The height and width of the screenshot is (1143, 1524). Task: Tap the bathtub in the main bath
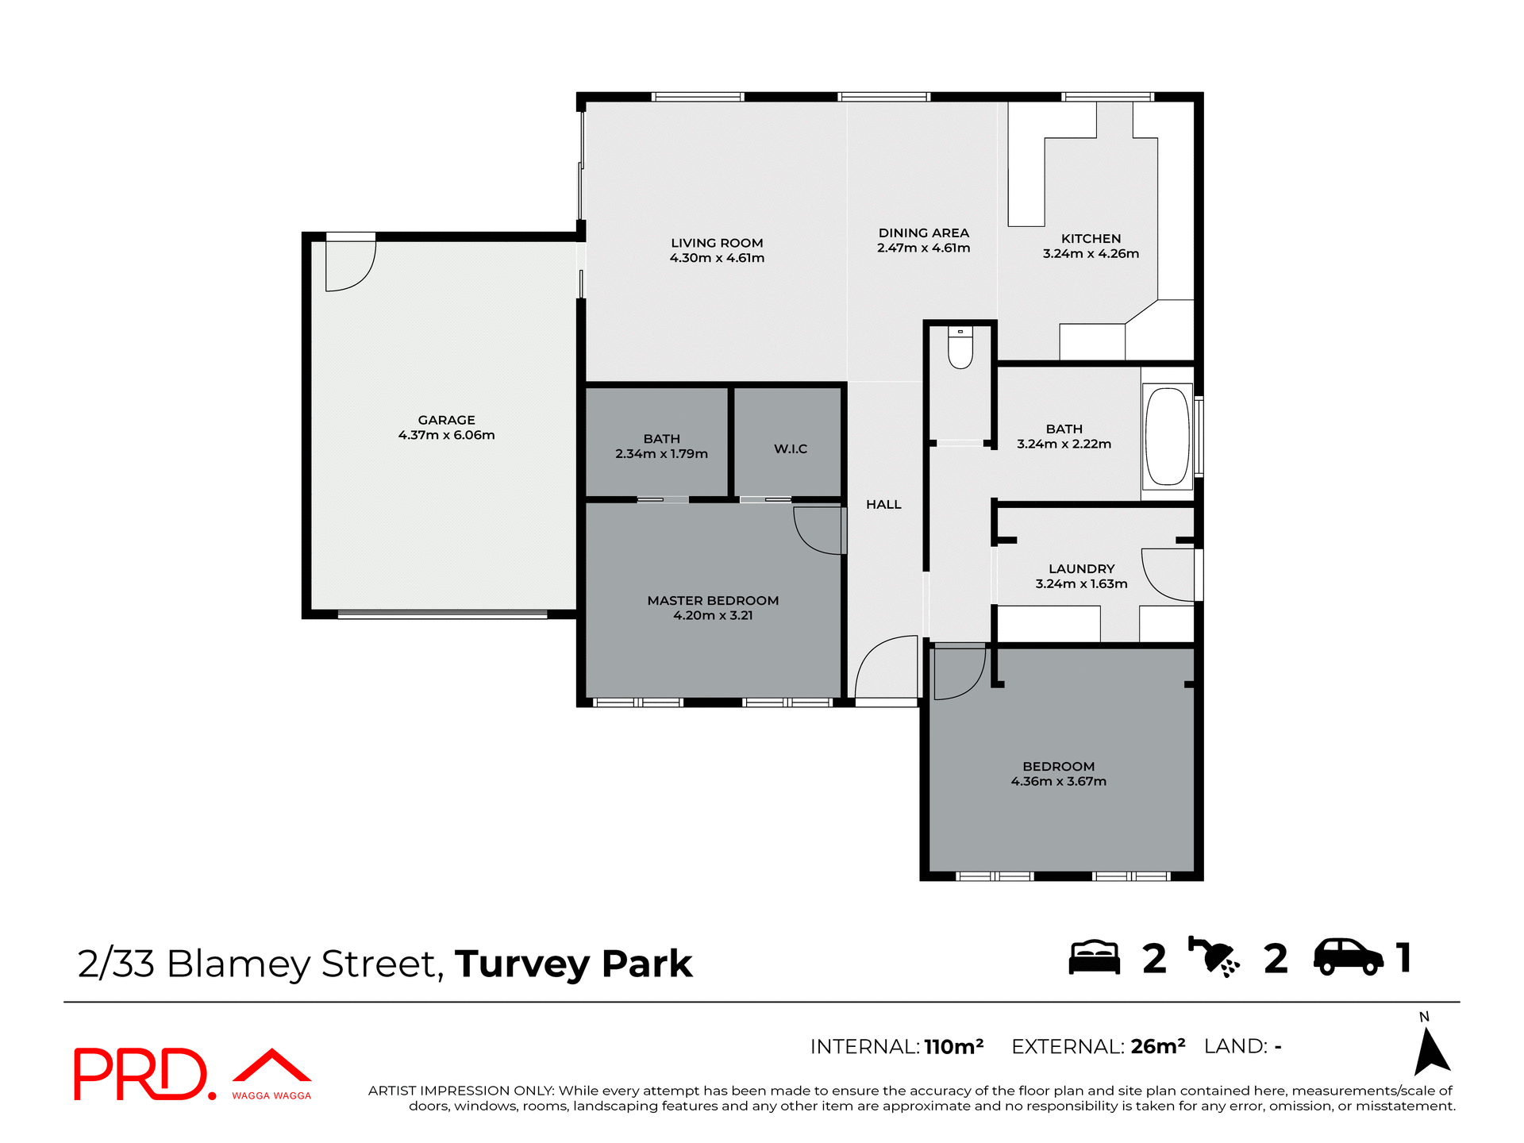(x=1168, y=435)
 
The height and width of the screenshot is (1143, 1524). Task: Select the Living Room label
(x=717, y=243)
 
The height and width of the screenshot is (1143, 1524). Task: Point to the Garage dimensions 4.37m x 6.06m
(x=446, y=435)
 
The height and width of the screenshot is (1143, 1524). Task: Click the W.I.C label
(x=791, y=449)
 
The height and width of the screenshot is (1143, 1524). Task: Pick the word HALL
(x=883, y=505)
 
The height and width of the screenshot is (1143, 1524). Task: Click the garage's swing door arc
(x=351, y=266)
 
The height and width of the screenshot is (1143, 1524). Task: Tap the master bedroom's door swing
(x=818, y=530)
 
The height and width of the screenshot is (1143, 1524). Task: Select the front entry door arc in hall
(x=885, y=667)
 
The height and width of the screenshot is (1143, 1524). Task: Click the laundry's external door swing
(x=1167, y=575)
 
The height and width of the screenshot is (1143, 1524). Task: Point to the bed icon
(x=1094, y=957)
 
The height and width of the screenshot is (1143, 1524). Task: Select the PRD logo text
(x=141, y=1074)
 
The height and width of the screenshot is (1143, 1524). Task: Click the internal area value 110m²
(x=954, y=1047)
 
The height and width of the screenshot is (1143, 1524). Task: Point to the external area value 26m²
(x=1158, y=1047)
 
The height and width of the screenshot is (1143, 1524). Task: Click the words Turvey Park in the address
(x=574, y=964)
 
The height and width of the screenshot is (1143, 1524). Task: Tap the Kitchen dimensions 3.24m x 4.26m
(x=1091, y=254)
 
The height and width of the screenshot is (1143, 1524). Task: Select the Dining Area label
(x=923, y=233)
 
